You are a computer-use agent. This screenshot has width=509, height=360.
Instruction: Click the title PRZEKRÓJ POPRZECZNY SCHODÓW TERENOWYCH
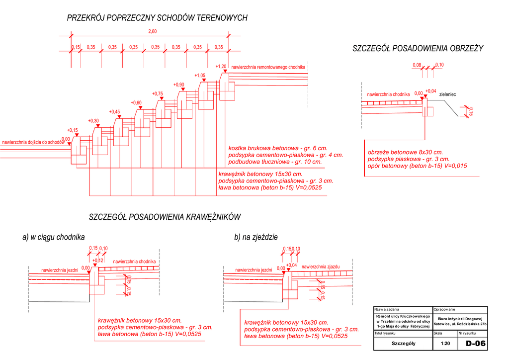pyautogui.click(x=157, y=18)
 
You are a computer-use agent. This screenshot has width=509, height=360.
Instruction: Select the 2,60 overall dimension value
pyautogui.click(x=153, y=31)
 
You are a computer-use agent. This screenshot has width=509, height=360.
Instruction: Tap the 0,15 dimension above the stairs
pyautogui.click(x=76, y=47)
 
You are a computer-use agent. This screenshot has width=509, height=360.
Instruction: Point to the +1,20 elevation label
pyautogui.click(x=221, y=66)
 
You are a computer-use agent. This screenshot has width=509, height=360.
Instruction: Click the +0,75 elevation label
pyautogui.click(x=157, y=93)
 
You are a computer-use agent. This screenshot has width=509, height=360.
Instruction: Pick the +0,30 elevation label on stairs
pyautogui.click(x=93, y=121)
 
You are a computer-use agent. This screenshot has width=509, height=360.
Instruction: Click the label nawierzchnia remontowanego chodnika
pyautogui.click(x=268, y=67)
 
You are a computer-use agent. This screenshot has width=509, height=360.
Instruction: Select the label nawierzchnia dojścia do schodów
pyautogui.click(x=33, y=142)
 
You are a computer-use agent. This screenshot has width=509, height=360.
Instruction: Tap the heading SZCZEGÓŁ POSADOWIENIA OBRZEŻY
pyautogui.click(x=418, y=48)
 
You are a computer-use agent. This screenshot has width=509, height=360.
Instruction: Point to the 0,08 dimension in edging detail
pyautogui.click(x=417, y=65)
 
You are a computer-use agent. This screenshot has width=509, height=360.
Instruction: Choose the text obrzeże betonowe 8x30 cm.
pyautogui.click(x=405, y=152)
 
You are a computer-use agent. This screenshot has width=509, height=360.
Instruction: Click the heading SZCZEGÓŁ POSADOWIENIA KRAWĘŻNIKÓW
pyautogui.click(x=165, y=217)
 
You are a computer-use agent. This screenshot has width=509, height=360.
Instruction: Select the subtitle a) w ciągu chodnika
pyautogui.click(x=54, y=237)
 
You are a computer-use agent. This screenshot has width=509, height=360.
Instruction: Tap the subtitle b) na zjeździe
pyautogui.click(x=255, y=237)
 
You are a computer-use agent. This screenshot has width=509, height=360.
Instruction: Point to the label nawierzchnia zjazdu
pyautogui.click(x=321, y=267)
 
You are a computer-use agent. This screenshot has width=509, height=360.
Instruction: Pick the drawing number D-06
pyautogui.click(x=475, y=344)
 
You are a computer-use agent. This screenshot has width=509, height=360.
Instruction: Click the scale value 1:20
pyautogui.click(x=444, y=344)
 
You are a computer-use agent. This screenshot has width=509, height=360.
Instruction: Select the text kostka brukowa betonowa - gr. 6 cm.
pyautogui.click(x=278, y=148)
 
